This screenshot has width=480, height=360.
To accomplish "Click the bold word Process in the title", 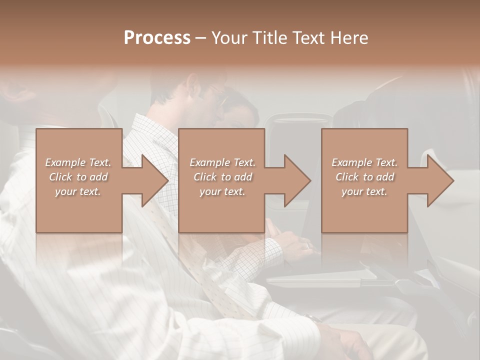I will (x=157, y=38).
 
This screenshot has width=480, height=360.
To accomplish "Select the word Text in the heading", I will (x=309, y=38).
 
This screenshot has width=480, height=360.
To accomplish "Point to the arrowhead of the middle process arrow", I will (x=296, y=180).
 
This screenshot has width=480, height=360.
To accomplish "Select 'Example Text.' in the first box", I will (x=78, y=162).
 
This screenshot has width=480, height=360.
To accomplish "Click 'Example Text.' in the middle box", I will (x=222, y=162).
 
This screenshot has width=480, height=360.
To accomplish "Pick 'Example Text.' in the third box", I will (x=364, y=162).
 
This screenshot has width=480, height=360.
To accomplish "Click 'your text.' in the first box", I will (x=78, y=191).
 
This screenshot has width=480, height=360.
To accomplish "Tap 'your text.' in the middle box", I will (x=222, y=191).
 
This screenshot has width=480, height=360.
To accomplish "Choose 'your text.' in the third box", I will (x=364, y=191).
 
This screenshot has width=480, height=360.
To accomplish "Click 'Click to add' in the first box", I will (x=78, y=177).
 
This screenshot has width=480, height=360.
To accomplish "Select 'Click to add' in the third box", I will (x=364, y=177).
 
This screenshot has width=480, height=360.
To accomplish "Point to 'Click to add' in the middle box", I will (x=222, y=177).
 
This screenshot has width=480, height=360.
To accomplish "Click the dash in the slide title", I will (x=201, y=38).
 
